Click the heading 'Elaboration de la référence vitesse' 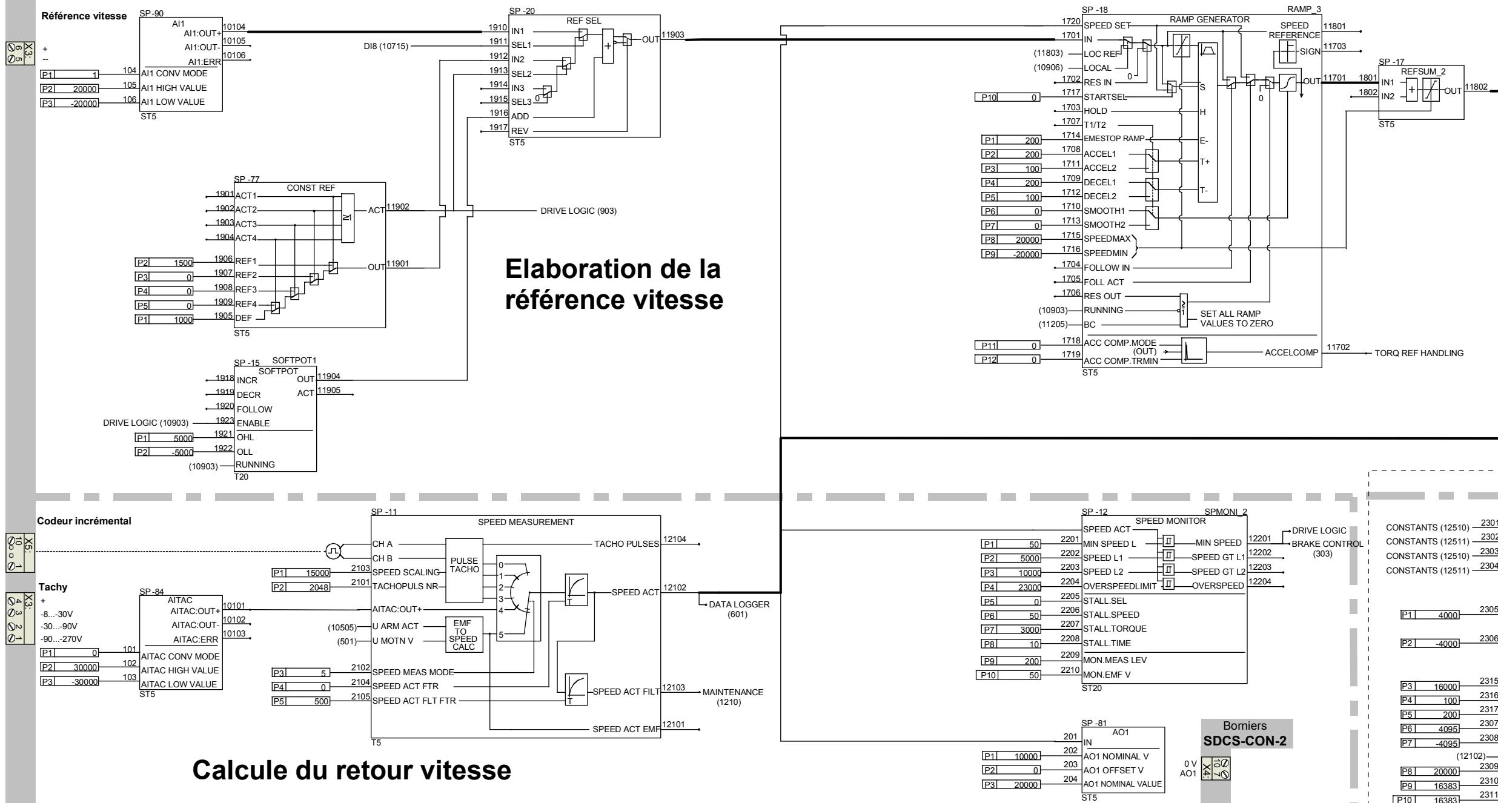[x=614, y=284]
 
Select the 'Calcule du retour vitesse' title [x=352, y=770]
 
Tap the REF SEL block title [x=584, y=20]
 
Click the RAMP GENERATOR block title [x=1210, y=19]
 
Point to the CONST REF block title [x=310, y=188]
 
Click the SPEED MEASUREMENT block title [x=526, y=522]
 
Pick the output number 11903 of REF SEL [x=674, y=35]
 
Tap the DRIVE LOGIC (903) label [x=578, y=211]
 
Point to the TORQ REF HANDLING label [x=1419, y=353]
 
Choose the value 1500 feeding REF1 [x=182, y=263]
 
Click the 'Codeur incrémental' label [x=84, y=521]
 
